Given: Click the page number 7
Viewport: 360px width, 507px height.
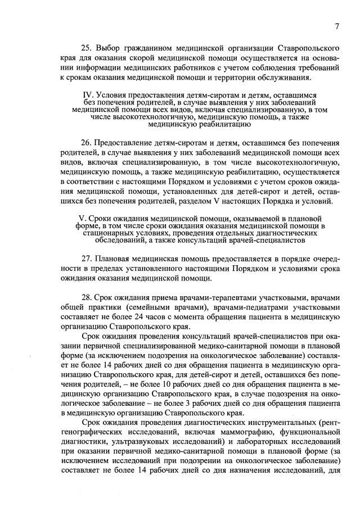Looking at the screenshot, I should pyautogui.click(x=336, y=26).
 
